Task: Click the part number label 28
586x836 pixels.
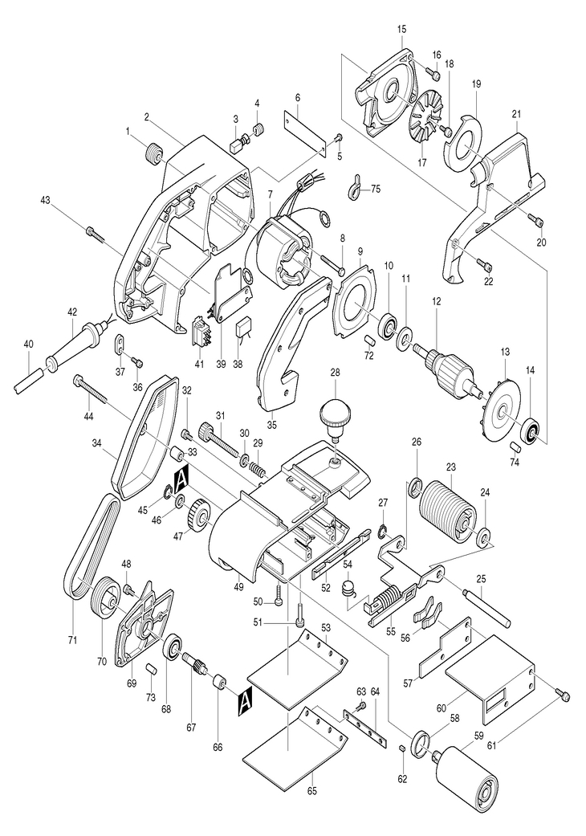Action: [334, 373]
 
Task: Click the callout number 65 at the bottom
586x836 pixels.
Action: [312, 791]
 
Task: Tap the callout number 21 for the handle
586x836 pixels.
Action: [515, 113]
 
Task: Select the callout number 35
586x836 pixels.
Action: [272, 425]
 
